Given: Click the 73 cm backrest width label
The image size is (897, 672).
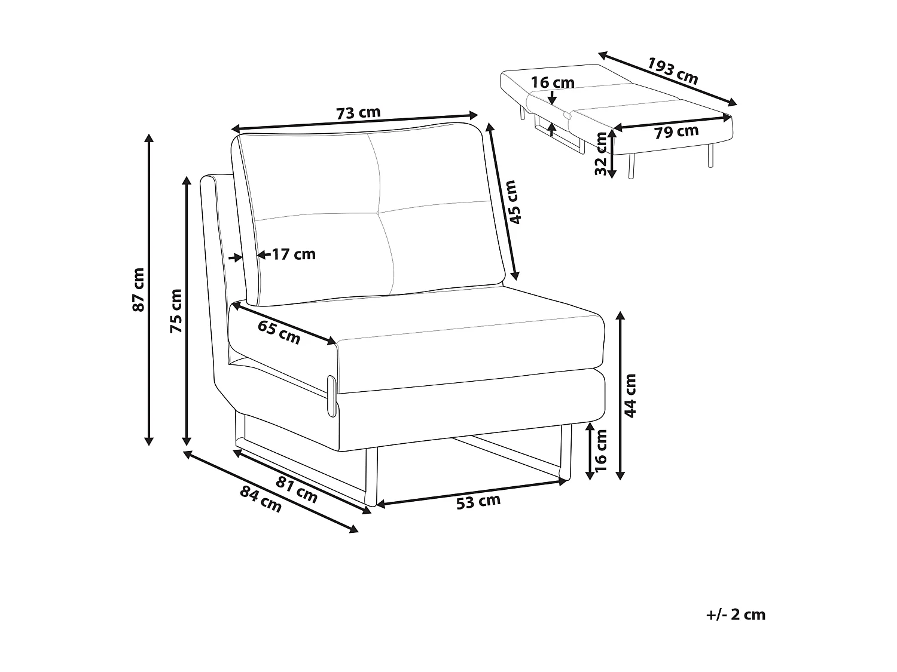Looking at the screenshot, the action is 358,113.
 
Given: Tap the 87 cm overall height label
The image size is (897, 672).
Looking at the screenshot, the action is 139,290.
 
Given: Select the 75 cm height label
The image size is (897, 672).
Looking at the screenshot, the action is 176,311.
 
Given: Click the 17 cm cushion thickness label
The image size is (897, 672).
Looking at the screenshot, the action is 294,254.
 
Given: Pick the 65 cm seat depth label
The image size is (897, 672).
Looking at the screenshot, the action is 279,333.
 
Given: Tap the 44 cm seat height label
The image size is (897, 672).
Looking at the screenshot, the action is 630,396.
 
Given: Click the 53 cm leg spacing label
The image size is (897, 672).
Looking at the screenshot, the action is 478,502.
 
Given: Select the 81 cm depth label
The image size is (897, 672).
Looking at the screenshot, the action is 297,490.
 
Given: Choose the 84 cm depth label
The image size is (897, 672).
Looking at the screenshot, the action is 261,499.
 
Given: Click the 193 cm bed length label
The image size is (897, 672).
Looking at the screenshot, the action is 673,71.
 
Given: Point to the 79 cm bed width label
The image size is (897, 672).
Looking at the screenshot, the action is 676,131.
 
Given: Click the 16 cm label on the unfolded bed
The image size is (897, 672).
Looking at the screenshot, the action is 553,83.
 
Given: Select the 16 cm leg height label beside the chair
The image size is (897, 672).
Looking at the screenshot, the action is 601,450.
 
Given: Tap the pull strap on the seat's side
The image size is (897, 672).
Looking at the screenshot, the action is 331,396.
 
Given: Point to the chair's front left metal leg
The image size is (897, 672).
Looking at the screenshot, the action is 371,477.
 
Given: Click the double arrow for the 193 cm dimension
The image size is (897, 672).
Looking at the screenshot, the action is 667,79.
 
